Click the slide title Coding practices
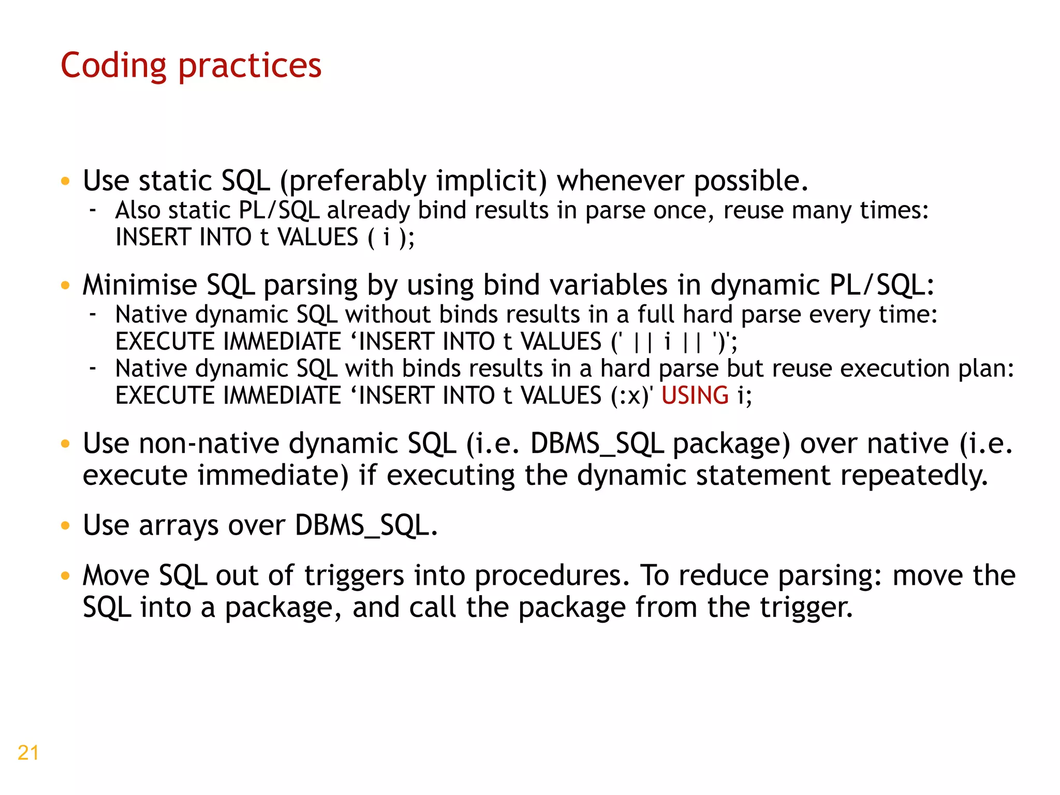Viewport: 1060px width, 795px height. (191, 66)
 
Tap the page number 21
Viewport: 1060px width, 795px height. (28, 753)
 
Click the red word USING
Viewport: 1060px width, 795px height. (695, 396)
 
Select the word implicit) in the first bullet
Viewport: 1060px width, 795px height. (492, 181)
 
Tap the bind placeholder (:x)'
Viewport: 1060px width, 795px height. (631, 396)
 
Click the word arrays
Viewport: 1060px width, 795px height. (179, 526)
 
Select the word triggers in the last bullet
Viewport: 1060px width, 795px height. (354, 576)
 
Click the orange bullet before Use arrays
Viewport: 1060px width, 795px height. (65, 526)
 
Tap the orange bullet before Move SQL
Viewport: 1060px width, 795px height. (65, 576)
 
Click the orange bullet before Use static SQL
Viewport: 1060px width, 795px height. (65, 181)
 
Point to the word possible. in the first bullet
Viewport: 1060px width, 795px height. (750, 181)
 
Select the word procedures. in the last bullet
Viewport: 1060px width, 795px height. (552, 576)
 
